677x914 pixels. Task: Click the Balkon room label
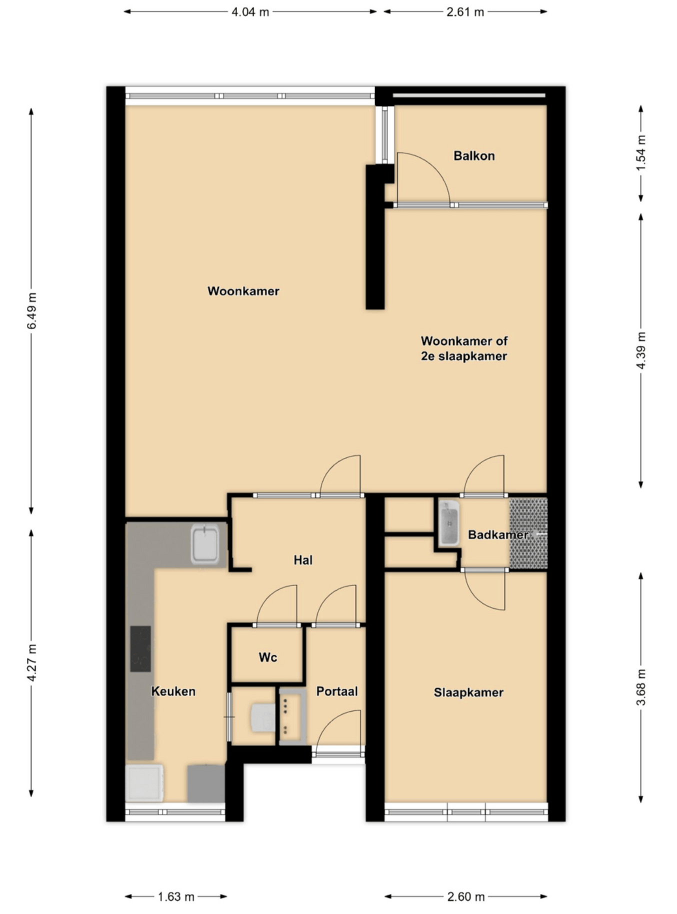click(474, 156)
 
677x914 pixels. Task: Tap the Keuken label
click(173, 691)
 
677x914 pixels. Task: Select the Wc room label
click(267, 657)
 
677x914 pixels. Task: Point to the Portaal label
click(337, 691)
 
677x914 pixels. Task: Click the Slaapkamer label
click(468, 692)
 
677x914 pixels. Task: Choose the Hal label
click(303, 560)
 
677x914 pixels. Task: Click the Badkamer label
click(497, 535)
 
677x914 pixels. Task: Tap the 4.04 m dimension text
click(250, 12)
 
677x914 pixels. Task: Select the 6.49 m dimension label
click(32, 311)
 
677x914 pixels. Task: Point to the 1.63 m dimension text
click(176, 896)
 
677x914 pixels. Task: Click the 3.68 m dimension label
click(641, 687)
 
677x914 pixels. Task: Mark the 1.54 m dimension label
click(641, 153)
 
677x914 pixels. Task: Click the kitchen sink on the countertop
click(205, 544)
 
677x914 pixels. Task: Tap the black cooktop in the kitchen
click(140, 649)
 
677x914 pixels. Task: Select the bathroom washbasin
click(449, 523)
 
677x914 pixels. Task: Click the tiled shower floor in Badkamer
click(528, 534)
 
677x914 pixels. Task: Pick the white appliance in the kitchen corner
click(144, 782)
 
